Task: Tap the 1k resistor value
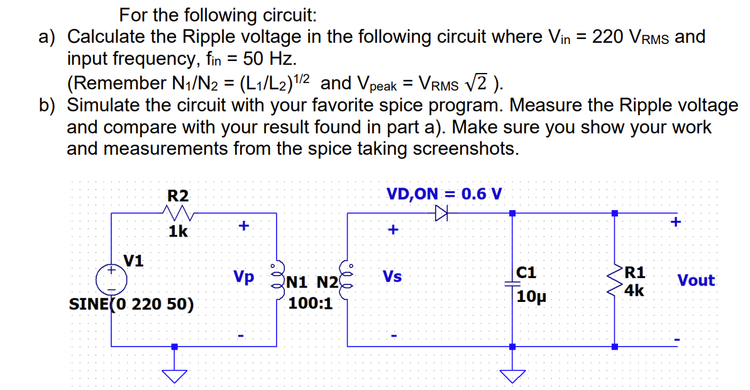[x=178, y=231]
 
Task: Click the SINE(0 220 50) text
[x=131, y=304]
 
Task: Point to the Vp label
[x=244, y=277]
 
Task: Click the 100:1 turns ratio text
[x=310, y=304]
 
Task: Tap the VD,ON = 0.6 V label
[x=444, y=192]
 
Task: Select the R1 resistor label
[x=636, y=272]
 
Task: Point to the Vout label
[x=696, y=281]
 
